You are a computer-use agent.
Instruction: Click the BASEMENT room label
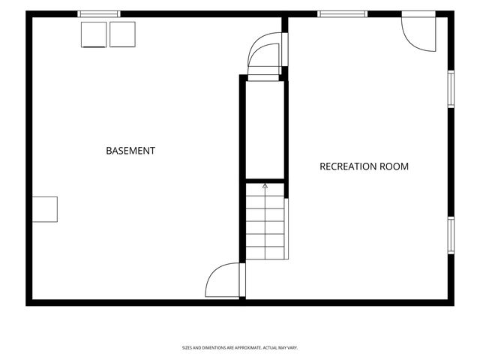pyautogui.click(x=130, y=151)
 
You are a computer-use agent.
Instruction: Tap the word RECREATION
pyautogui.click(x=348, y=166)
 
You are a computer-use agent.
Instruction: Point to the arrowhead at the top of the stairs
pyautogui.click(x=265, y=185)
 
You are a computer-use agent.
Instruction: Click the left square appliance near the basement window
pyautogui.click(x=94, y=34)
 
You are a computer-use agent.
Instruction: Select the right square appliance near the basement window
pyautogui.click(x=122, y=34)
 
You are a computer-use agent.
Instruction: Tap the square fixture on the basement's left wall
pyautogui.click(x=45, y=209)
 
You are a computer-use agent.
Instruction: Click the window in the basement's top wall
pyautogui.click(x=99, y=14)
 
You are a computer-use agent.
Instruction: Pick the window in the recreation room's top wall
pyautogui.click(x=342, y=14)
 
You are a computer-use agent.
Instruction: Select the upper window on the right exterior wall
pyautogui.click(x=451, y=89)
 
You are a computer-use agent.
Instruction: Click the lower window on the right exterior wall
pyautogui.click(x=451, y=235)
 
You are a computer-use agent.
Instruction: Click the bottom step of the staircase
pyautogui.click(x=265, y=253)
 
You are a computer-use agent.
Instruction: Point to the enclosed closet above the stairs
pyautogui.click(x=265, y=130)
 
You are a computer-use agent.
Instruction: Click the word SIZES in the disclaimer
pyautogui.click(x=187, y=348)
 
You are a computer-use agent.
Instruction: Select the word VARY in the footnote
pyautogui.click(x=292, y=348)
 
